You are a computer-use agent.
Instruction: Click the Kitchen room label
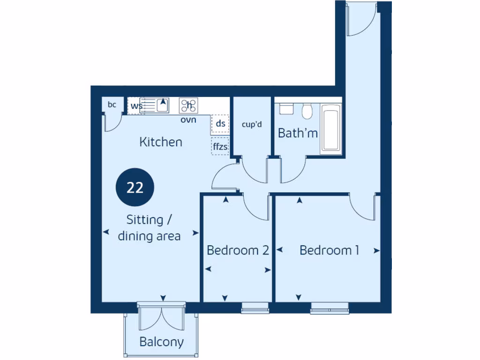pos(160,142)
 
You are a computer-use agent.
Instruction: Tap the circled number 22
pos(135,188)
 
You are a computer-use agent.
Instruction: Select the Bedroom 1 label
pos(329,250)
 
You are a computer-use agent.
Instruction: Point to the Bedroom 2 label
pos(238,250)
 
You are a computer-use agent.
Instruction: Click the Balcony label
pos(161,342)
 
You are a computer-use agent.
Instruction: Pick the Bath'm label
pos(298,133)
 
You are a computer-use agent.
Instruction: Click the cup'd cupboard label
pos(251,125)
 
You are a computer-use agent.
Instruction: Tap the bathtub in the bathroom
pos(331,129)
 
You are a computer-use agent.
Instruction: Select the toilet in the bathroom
pos(307,111)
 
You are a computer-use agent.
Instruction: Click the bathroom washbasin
pos(286,108)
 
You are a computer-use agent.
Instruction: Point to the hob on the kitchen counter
pos(189,105)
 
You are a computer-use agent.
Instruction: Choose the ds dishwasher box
pos(220,124)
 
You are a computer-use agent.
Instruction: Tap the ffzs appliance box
pos(220,147)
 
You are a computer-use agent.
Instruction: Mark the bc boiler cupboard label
pos(112,105)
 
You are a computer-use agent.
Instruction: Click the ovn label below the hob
pos(188,120)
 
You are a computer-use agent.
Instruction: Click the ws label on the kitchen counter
pos(135,106)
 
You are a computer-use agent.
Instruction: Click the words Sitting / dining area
pos(149,228)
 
